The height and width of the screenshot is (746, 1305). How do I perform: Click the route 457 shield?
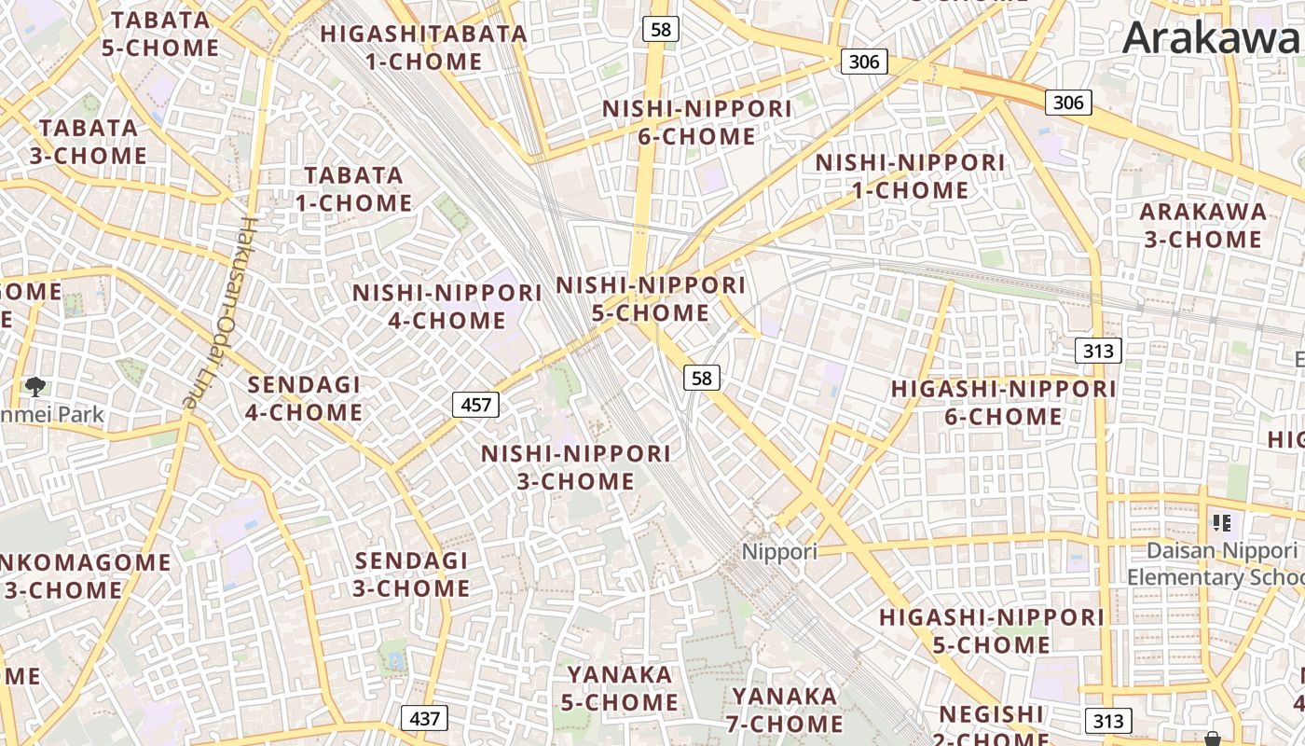tap(475, 405)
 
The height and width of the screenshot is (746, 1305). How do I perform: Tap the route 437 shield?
tap(424, 719)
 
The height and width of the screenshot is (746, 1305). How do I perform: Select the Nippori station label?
tap(779, 551)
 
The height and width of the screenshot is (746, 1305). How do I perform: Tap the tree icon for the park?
tap(35, 385)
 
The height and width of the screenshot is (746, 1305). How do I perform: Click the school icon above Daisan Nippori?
tap(1221, 523)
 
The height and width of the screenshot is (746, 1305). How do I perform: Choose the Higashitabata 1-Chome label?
tap(424, 48)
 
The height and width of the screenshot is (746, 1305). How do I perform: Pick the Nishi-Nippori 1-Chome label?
tap(911, 176)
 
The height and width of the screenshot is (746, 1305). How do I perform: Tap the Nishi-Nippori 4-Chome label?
tap(447, 307)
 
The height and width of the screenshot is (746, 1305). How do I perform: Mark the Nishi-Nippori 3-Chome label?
tap(576, 468)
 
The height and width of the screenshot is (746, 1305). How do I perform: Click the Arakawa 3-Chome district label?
tap(1203, 226)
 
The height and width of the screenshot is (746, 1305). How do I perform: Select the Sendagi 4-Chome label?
tap(304, 398)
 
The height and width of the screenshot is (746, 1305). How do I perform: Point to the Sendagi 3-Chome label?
tap(411, 574)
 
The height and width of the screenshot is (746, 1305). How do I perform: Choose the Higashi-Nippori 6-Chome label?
tap(1004, 403)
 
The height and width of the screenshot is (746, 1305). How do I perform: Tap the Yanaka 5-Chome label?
tap(621, 688)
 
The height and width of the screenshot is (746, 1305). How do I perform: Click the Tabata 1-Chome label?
tap(354, 189)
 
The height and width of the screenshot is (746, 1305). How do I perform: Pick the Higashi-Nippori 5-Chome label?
tap(992, 631)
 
